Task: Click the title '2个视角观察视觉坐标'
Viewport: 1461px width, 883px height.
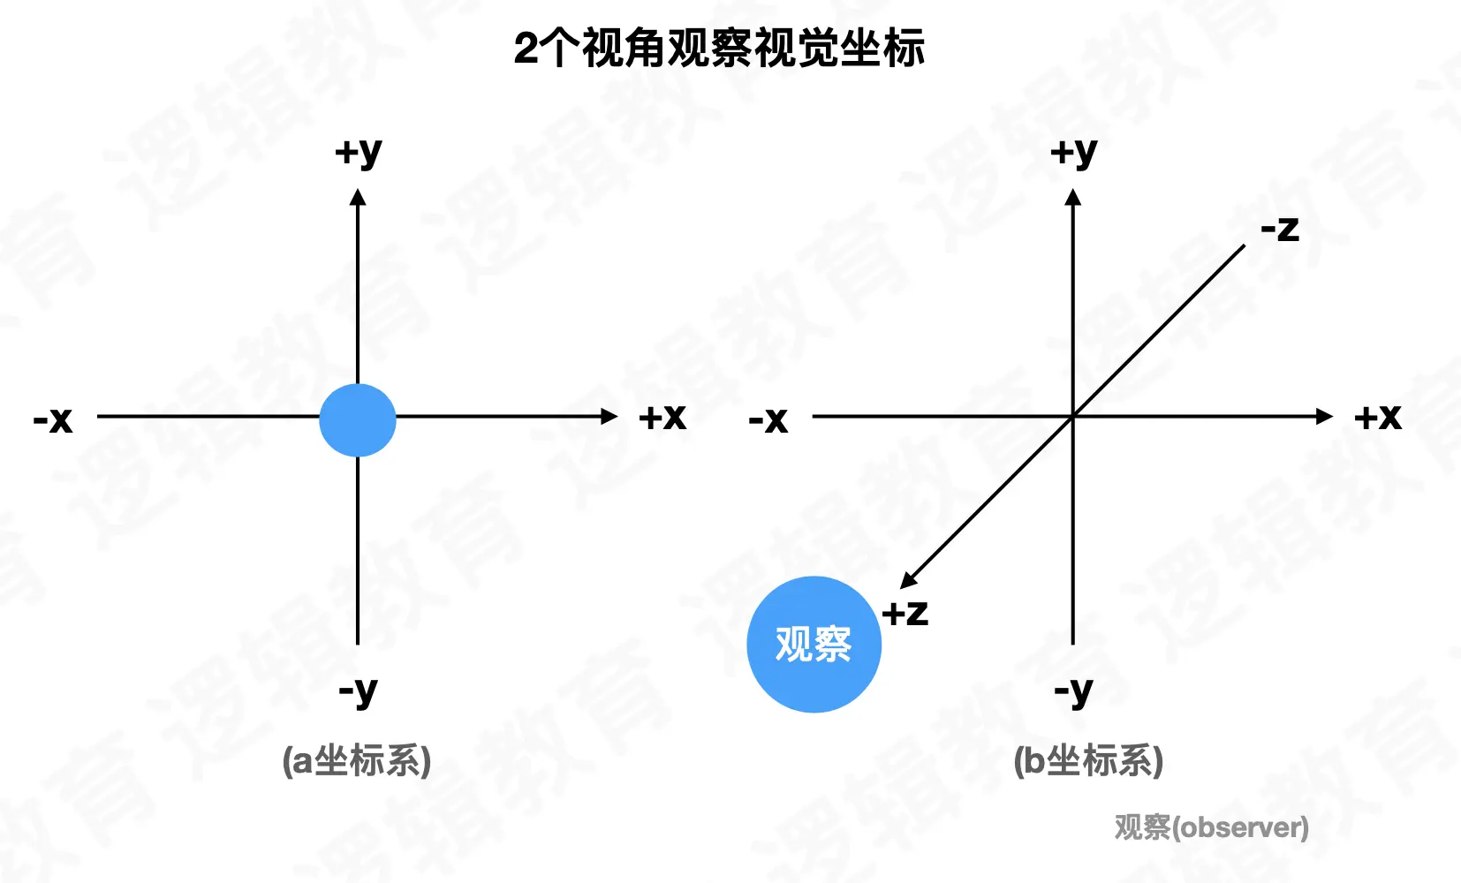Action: [x=719, y=48]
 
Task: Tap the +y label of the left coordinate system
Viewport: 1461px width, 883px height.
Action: [x=358, y=153]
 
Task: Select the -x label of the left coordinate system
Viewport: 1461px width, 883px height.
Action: [x=53, y=419]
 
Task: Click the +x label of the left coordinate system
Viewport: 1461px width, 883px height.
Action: [x=662, y=417]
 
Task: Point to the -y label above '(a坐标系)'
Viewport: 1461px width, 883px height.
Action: [x=358, y=691]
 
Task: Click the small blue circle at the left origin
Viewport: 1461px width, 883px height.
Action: [x=358, y=420]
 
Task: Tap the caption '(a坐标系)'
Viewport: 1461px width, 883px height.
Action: [x=357, y=760]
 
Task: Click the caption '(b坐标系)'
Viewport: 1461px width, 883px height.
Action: [x=1088, y=760]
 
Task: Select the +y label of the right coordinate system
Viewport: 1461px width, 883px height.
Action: [x=1073, y=153]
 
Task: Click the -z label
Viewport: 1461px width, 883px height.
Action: [x=1280, y=230]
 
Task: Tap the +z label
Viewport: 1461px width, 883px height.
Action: [x=905, y=612]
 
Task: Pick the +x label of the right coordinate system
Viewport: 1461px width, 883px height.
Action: [x=1378, y=417]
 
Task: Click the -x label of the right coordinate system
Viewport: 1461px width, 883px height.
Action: [x=768, y=419]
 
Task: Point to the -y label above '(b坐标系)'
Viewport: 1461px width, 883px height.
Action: [x=1073, y=691]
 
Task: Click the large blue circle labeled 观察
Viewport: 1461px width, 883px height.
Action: [x=814, y=645]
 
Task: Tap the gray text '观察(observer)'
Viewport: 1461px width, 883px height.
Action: [x=1211, y=827]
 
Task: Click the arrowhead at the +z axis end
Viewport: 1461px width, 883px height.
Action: [x=908, y=580]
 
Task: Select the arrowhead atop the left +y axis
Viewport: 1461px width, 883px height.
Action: [x=358, y=198]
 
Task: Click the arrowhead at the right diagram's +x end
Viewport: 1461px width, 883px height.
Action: [x=1324, y=417]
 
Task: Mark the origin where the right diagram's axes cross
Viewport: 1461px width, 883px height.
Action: [x=1073, y=417]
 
